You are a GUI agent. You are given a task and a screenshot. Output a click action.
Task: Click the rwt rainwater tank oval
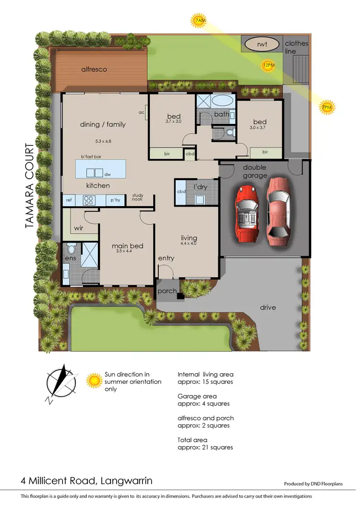click(x=262, y=45)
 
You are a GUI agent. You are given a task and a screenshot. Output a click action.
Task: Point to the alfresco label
click(x=94, y=69)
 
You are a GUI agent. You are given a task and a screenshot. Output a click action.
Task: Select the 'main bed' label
click(x=127, y=246)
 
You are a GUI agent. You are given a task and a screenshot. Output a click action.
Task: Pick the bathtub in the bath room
click(x=222, y=101)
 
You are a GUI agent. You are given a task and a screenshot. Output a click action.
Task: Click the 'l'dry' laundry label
click(x=200, y=186)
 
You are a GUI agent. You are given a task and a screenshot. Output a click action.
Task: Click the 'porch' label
click(x=167, y=291)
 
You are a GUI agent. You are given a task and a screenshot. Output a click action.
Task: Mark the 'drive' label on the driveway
click(x=268, y=307)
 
